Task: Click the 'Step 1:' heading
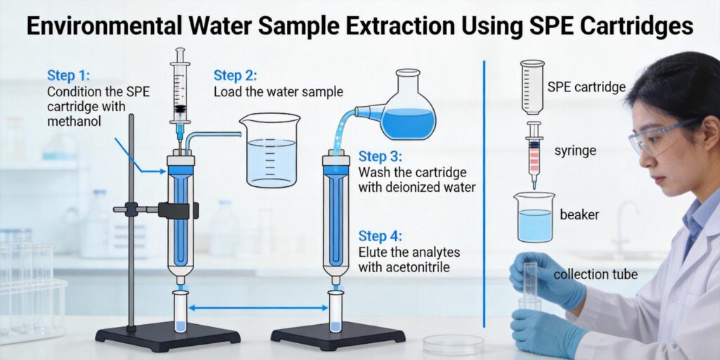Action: pos(69,75)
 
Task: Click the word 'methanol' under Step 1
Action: pos(75,122)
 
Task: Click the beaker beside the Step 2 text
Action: pos(269,150)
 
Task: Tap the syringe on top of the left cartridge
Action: pos(180,91)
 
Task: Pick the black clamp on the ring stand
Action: pos(176,210)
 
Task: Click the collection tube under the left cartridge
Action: pos(180,312)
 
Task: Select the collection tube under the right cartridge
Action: pos(336,312)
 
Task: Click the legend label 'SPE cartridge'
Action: pos(586,88)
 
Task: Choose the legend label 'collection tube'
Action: pos(596,274)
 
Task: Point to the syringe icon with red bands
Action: pos(534,153)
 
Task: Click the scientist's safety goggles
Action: pos(657,137)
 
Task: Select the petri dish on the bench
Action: pos(454,344)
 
